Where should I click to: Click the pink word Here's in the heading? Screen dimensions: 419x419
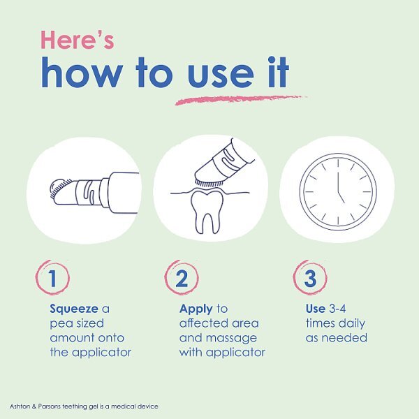(78, 40)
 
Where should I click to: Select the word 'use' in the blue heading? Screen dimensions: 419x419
(221, 75)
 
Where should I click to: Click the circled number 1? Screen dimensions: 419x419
(52, 278)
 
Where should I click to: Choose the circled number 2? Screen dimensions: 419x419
(182, 278)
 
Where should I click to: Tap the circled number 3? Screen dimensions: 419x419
(310, 278)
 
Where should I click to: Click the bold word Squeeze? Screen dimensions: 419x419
(74, 309)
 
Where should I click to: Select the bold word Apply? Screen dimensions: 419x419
(196, 309)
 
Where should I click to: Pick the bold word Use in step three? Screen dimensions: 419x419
(316, 309)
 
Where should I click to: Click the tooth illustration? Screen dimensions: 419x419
(207, 211)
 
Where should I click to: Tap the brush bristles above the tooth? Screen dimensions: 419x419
(209, 183)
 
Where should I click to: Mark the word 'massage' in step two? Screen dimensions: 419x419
(231, 339)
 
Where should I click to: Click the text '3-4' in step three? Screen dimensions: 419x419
(337, 309)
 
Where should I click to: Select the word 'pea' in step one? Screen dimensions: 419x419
(59, 324)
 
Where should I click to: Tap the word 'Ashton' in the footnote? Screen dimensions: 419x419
(20, 406)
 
